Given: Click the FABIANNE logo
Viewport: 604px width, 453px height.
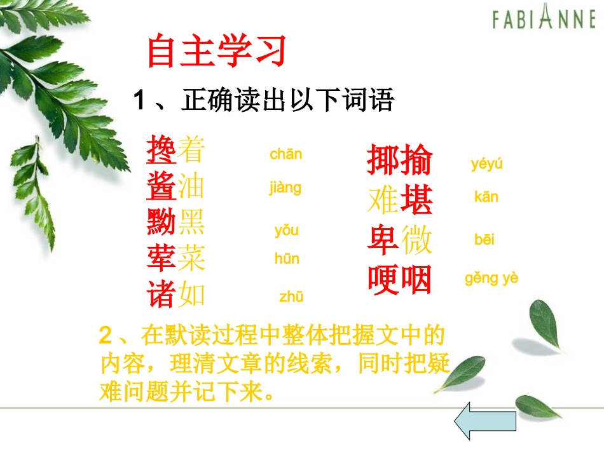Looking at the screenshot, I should click(543, 20).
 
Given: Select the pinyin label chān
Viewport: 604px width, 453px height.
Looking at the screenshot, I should click(285, 154).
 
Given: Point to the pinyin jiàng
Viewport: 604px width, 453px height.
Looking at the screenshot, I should click(285, 188).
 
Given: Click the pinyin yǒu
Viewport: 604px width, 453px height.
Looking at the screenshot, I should click(286, 230).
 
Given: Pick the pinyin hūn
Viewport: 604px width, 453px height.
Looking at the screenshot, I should click(287, 259).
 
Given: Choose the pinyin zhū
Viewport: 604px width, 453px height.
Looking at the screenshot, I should click(291, 296).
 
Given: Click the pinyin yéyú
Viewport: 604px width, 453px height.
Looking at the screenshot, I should click(486, 165).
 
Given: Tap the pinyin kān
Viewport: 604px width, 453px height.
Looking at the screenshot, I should click(486, 197).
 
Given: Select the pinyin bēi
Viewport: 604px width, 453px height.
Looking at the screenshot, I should click(484, 240).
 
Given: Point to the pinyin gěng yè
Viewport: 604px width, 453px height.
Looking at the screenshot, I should click(491, 278).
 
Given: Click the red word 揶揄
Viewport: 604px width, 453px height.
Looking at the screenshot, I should click(399, 161).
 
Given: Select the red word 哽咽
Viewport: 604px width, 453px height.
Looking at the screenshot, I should click(400, 280).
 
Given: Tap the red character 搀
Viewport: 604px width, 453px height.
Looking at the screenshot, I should click(161, 151).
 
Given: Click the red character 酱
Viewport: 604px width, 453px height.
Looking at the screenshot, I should click(161, 187).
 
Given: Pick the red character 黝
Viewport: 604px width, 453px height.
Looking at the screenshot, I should click(161, 222).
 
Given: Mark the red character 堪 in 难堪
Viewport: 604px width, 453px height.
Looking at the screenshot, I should click(416, 201).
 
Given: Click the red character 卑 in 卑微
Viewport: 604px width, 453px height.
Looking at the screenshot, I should click(383, 241).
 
